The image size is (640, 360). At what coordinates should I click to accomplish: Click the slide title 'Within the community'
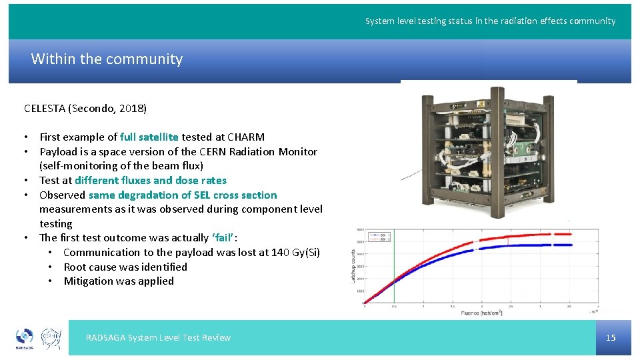[107, 59]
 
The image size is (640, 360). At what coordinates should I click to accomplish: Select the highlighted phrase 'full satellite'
[149, 137]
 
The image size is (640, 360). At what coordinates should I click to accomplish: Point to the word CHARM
[246, 137]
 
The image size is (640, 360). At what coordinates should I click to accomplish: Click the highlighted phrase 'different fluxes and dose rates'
[150, 181]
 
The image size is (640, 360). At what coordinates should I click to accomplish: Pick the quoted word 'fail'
[223, 238]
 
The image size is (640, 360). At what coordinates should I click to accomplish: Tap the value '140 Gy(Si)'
[295, 253]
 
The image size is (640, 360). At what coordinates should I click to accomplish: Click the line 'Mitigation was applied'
[119, 281]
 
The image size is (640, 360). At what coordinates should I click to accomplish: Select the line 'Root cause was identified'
[125, 267]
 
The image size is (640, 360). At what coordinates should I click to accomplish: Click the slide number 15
[611, 337]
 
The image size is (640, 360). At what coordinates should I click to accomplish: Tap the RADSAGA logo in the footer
[25, 339]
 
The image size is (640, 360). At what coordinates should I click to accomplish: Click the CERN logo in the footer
[52, 338]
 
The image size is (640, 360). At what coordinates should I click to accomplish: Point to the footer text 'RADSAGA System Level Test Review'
[158, 338]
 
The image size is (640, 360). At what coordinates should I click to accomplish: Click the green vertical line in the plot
[394, 267]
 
